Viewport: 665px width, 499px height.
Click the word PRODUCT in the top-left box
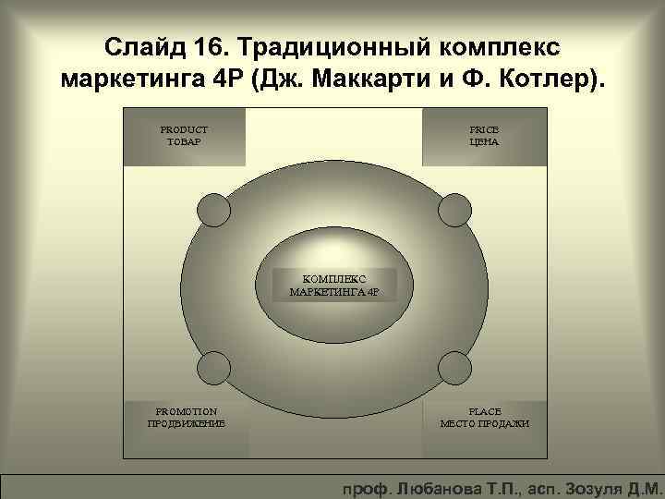click(x=185, y=129)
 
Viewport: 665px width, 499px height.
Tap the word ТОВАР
click(x=185, y=142)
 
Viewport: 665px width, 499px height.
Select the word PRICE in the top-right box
click(x=484, y=129)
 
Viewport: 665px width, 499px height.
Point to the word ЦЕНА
click(x=484, y=142)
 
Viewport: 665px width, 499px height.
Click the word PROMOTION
click(x=187, y=410)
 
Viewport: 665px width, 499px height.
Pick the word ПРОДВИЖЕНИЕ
click(x=187, y=423)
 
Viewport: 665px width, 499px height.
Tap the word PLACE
click(x=485, y=410)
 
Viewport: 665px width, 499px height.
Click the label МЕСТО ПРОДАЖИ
click(x=485, y=423)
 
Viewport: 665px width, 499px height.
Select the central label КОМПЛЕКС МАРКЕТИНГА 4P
click(x=334, y=286)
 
